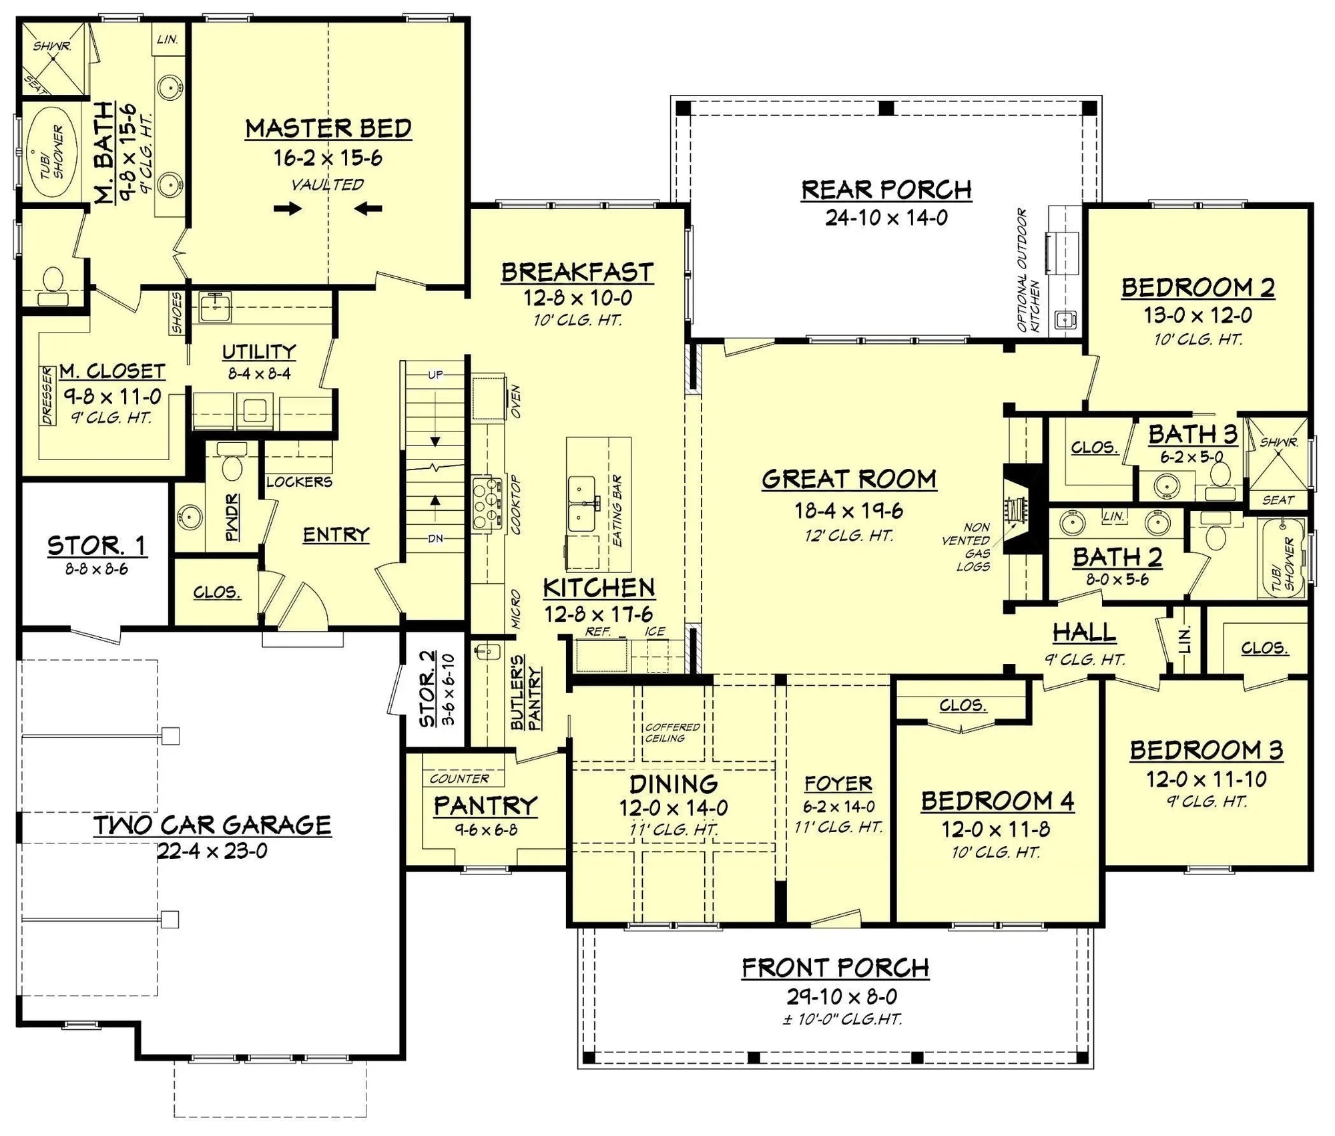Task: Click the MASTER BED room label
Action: point(328,128)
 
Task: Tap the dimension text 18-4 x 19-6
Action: point(848,511)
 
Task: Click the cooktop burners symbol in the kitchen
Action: point(486,504)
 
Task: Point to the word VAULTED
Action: point(327,185)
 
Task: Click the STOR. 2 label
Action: point(428,689)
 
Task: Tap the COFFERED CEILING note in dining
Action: point(672,733)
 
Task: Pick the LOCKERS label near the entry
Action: point(299,482)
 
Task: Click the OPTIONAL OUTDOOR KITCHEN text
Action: point(1028,270)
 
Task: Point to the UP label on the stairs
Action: point(435,375)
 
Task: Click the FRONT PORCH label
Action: point(835,967)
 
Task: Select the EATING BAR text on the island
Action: point(617,511)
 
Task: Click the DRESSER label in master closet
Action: point(47,395)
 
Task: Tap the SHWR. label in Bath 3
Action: point(1279,442)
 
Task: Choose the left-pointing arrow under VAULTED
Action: point(368,209)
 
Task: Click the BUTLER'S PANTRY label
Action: point(526,691)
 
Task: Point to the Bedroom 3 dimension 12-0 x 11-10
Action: point(1206,779)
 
